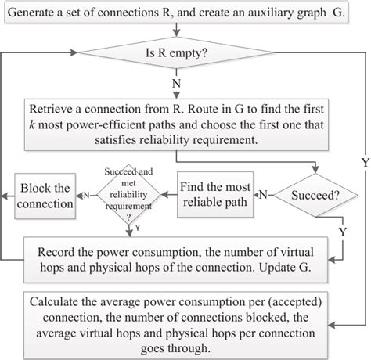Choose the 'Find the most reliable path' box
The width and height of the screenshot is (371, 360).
tap(215, 195)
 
